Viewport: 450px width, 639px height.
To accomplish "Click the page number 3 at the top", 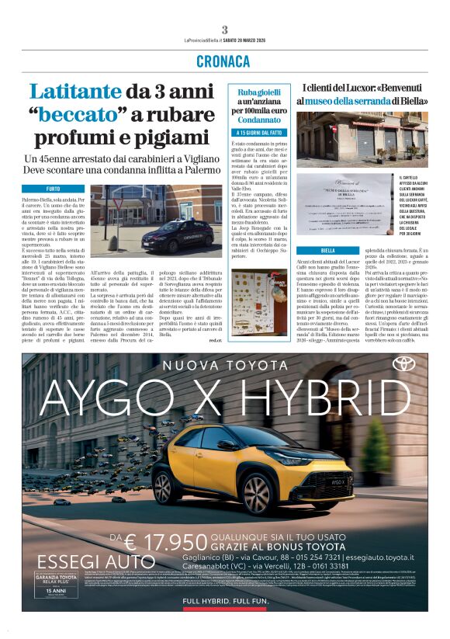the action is (x=224, y=30).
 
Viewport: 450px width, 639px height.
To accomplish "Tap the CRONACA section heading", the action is (x=224, y=61).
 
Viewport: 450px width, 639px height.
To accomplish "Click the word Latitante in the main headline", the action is (x=73, y=92).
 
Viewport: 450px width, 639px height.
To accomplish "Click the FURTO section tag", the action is (x=53, y=189).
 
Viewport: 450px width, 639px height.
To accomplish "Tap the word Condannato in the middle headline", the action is (x=258, y=120).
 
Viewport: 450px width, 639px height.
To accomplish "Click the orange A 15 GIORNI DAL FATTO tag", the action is (x=259, y=133).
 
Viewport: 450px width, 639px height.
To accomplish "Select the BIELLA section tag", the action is (x=327, y=252).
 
